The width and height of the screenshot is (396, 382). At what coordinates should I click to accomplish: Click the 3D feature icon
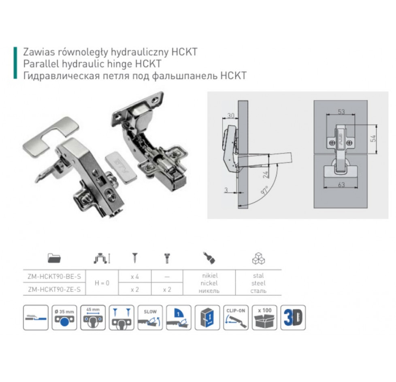tap(293, 318)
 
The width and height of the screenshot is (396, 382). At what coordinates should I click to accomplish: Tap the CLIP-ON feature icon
tap(236, 318)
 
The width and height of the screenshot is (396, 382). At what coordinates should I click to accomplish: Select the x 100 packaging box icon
tap(264, 318)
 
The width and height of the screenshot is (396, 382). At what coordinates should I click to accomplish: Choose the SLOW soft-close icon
tap(150, 318)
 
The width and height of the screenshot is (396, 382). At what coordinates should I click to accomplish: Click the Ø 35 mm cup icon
tap(64, 318)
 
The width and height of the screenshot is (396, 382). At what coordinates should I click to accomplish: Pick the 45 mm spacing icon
tap(93, 318)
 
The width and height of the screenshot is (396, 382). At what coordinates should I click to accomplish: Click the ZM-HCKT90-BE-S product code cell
tap(54, 277)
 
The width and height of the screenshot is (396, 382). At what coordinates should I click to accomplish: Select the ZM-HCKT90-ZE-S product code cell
tap(54, 289)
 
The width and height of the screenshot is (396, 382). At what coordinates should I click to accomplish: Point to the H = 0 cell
tap(102, 283)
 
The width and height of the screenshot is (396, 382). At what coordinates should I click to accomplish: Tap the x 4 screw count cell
tap(135, 277)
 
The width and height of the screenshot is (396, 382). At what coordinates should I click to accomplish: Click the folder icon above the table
tap(54, 258)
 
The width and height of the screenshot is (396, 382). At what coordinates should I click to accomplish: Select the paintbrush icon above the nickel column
tap(209, 258)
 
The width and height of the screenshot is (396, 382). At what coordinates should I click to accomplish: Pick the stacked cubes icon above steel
tap(258, 258)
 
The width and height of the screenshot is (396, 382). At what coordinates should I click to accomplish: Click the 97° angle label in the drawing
tap(265, 190)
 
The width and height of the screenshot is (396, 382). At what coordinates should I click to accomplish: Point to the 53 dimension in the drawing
tap(341, 112)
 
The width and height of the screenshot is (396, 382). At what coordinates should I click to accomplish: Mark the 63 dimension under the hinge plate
tap(341, 185)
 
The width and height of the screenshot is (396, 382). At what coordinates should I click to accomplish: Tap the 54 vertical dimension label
tap(373, 138)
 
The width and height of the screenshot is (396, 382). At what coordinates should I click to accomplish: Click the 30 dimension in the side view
tap(231, 115)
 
